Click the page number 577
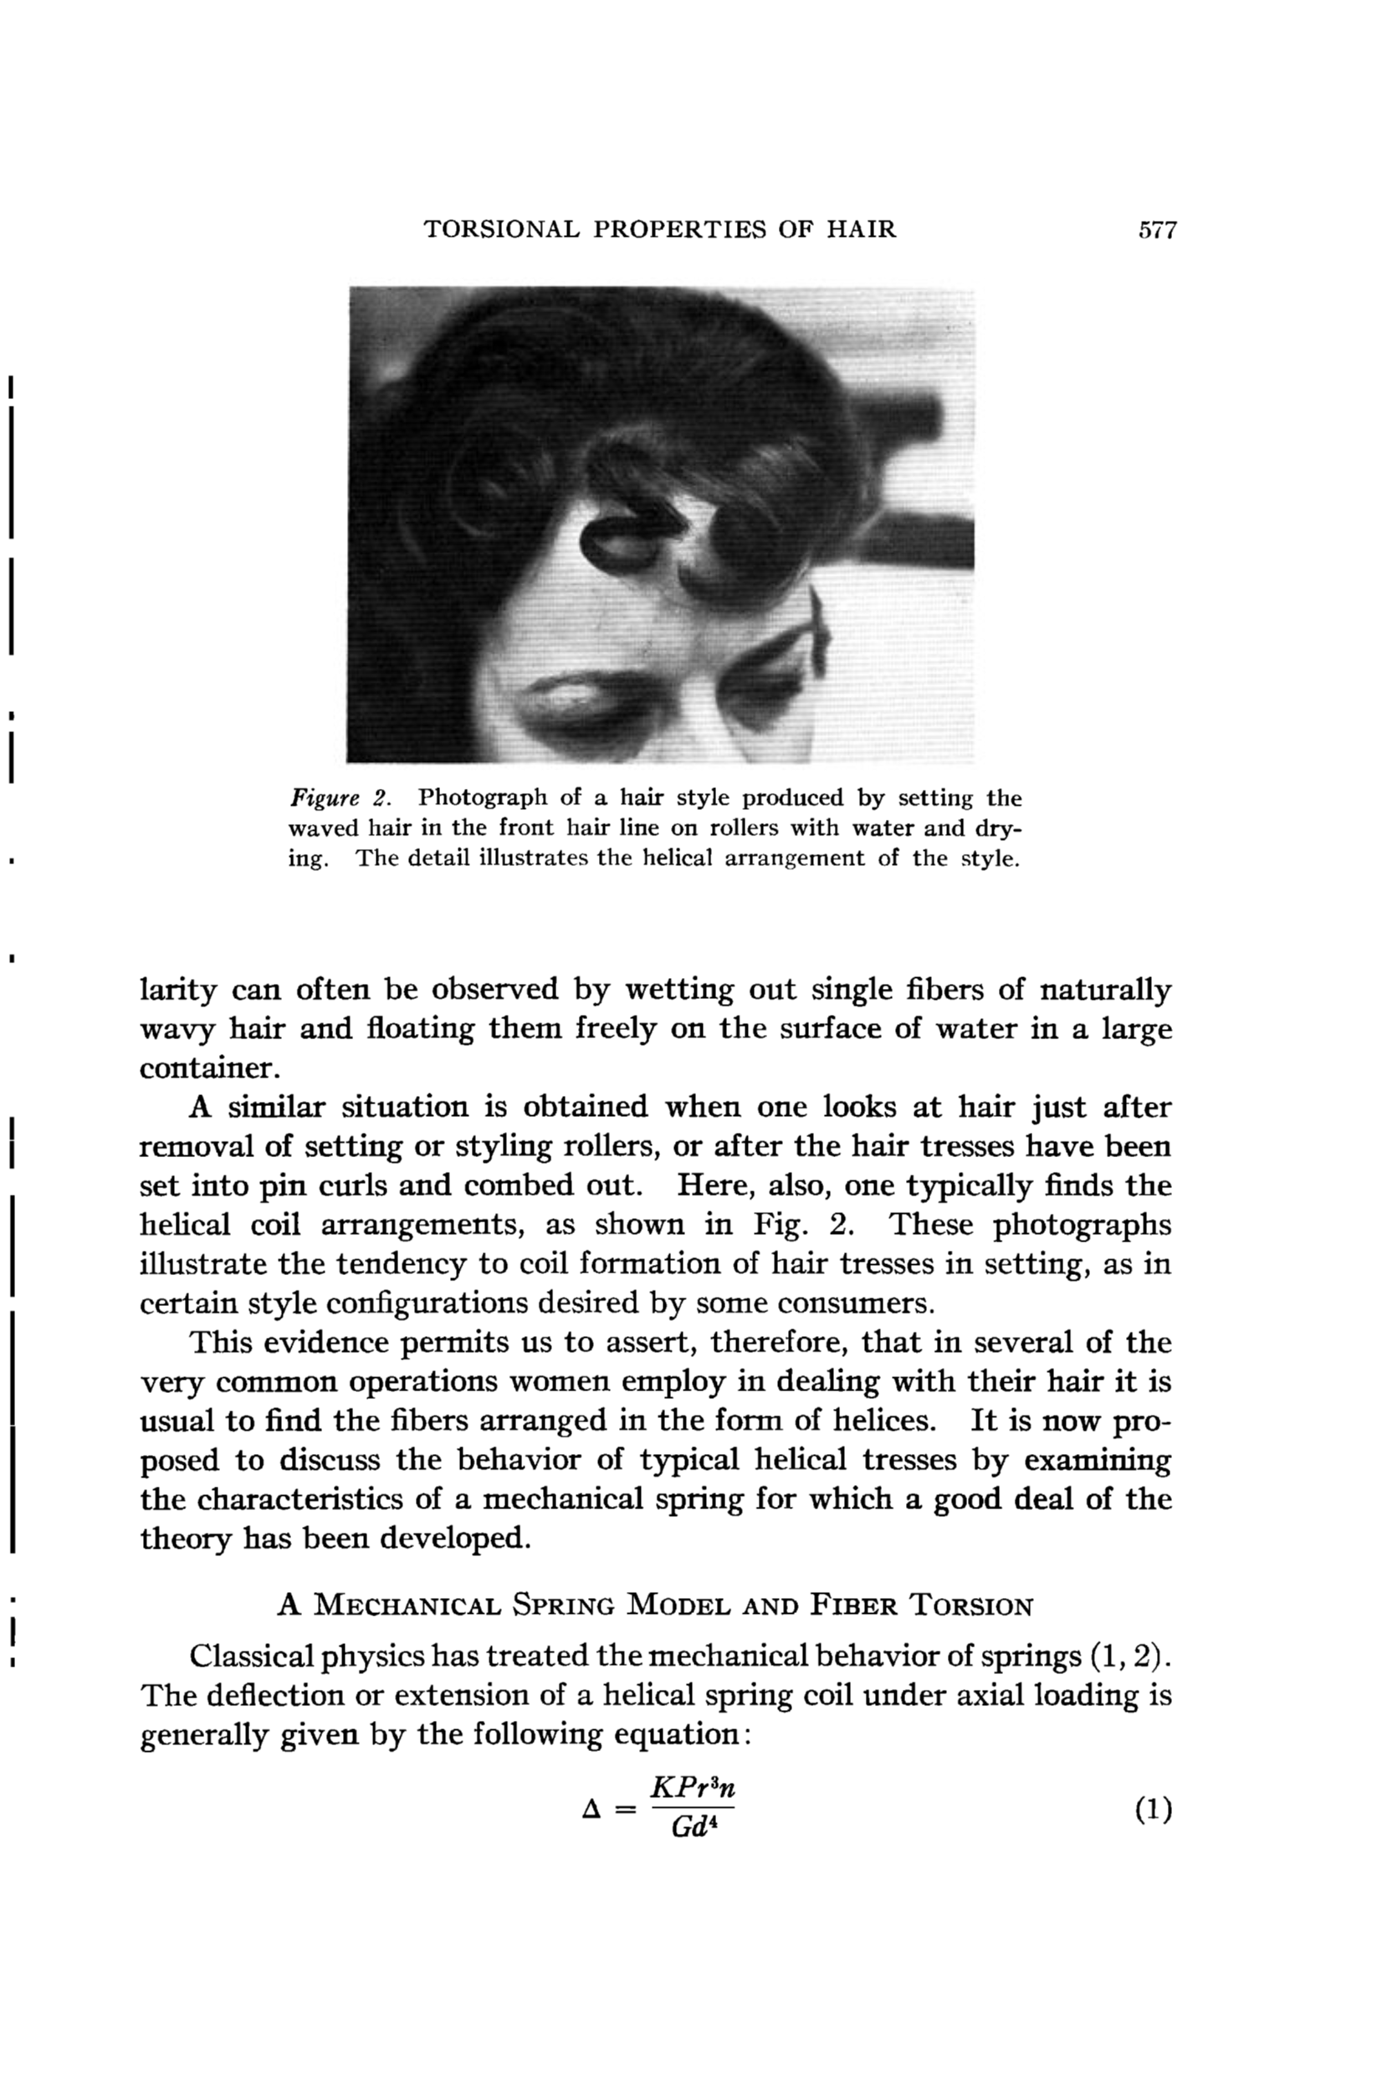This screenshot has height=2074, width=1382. [x=1157, y=230]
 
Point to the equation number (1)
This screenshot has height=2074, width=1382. [x=1153, y=1810]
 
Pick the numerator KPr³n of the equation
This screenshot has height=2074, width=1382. [x=692, y=1788]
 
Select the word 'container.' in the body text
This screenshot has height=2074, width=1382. [x=210, y=1068]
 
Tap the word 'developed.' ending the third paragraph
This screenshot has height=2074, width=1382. [x=457, y=1538]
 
